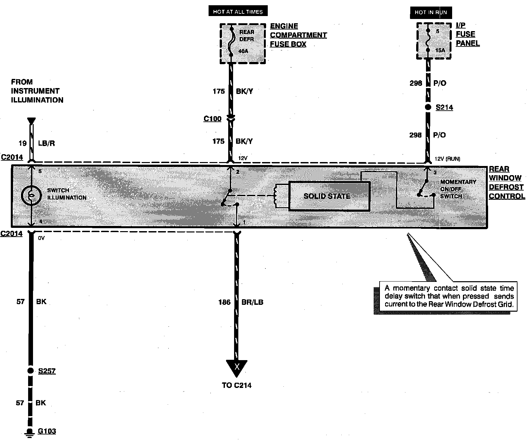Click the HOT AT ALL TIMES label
click(x=238, y=11)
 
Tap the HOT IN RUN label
click(x=431, y=12)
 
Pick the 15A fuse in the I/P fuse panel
click(x=428, y=41)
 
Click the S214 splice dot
click(x=428, y=107)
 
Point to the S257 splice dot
click(x=30, y=371)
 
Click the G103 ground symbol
click(x=30, y=432)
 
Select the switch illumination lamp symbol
click(x=31, y=196)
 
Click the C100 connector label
click(x=212, y=119)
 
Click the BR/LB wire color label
click(x=252, y=302)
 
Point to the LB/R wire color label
click(x=46, y=143)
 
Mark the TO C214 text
click(x=237, y=385)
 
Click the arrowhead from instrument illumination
click(x=31, y=121)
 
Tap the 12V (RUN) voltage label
click(x=447, y=159)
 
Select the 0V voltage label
click(x=41, y=238)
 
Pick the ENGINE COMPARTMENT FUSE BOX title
click(x=298, y=35)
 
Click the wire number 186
click(x=224, y=302)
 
